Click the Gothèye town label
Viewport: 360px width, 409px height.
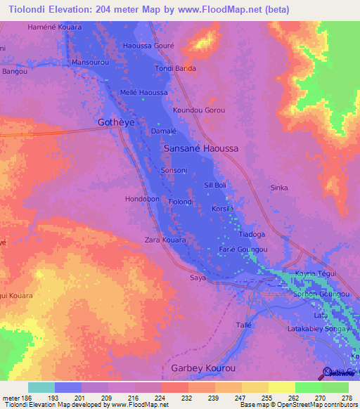pos(115,122)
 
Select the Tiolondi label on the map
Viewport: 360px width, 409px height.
pos(181,202)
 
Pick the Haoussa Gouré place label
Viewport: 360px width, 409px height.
pos(148,45)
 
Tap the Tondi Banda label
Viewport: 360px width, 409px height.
pos(175,68)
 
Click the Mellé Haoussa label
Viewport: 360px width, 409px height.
pos(143,93)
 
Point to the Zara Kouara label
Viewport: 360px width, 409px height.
pos(165,240)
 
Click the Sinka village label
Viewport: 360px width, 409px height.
pos(279,188)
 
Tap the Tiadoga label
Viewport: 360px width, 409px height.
pos(252,234)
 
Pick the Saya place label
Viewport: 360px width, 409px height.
pos(198,278)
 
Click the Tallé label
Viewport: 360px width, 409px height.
pos(243,325)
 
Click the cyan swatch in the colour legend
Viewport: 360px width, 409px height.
pos(41,387)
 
